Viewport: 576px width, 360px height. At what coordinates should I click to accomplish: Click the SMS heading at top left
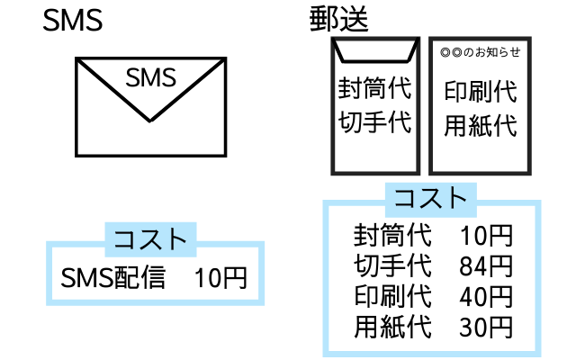(x=72, y=21)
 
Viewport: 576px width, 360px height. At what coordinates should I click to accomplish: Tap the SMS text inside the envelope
(x=150, y=79)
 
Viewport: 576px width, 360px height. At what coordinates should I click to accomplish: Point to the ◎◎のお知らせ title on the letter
(x=481, y=52)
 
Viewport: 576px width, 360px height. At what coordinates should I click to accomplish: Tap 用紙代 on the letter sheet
(x=481, y=125)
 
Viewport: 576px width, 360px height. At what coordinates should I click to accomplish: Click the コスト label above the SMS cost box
(x=150, y=238)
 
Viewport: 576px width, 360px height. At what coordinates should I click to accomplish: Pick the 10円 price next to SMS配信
(x=220, y=278)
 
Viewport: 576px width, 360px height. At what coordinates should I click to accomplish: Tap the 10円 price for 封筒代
(x=486, y=237)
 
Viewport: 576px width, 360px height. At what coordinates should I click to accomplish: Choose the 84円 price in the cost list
(x=486, y=266)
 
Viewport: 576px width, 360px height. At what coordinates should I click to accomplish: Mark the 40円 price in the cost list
(x=486, y=296)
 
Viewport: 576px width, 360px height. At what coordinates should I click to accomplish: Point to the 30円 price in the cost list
(x=486, y=326)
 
